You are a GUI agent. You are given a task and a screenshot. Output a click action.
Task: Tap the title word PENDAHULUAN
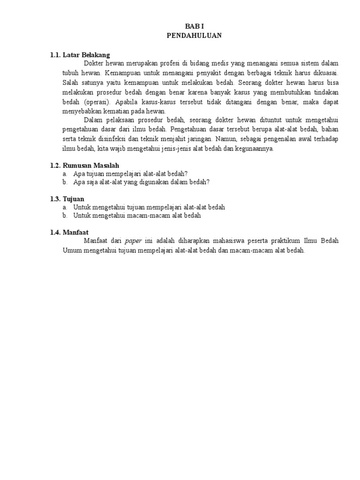(x=194, y=35)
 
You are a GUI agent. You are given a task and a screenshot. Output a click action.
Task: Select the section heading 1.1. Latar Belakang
(x=80, y=55)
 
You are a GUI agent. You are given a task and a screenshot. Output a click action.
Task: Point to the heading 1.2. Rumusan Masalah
(x=84, y=165)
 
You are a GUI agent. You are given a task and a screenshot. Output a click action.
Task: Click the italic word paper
(x=133, y=241)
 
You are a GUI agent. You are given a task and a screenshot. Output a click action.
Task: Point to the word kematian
(x=113, y=111)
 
